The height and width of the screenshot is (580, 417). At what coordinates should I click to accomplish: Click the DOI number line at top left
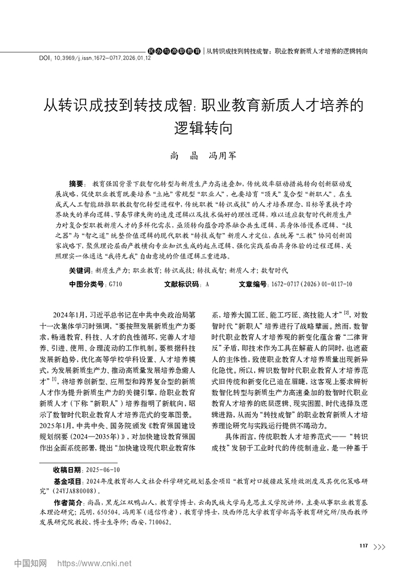[95, 57]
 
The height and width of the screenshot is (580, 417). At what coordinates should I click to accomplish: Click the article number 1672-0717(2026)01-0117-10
[311, 284]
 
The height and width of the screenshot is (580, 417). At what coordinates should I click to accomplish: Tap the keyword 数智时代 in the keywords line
[274, 270]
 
